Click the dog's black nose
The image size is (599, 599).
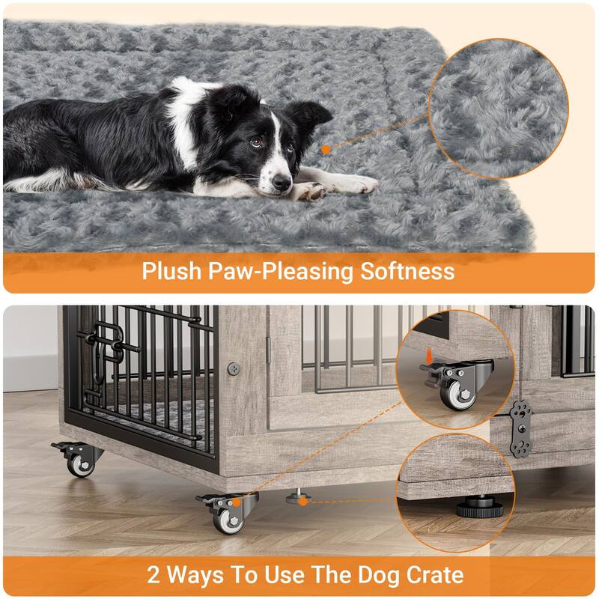(282, 182)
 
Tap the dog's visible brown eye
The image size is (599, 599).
(256, 142)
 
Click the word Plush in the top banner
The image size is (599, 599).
(171, 271)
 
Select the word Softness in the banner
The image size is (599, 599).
(407, 271)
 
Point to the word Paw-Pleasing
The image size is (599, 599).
(281, 272)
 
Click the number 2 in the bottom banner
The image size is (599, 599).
(153, 574)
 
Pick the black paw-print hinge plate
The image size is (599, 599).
(519, 428)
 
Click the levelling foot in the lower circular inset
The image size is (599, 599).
(480, 507)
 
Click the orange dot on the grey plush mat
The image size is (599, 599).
(326, 150)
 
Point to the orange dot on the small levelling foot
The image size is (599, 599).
(303, 501)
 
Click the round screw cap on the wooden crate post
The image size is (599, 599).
(234, 368)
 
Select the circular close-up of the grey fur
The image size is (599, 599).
(499, 109)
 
